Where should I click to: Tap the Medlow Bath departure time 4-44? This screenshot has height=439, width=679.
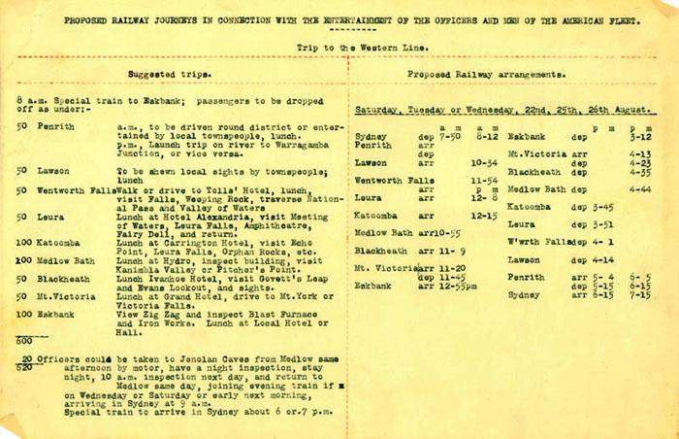tap(640, 188)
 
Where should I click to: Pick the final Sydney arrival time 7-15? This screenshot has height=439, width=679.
tap(640, 295)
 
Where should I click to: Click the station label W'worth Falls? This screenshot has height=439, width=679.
tap(536, 241)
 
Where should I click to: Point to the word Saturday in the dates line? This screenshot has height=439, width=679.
tap(380, 110)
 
